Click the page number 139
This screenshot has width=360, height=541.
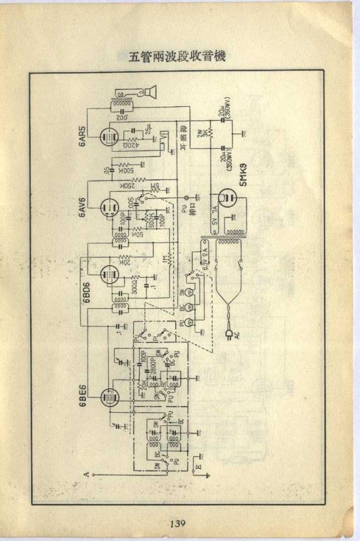(x=177, y=524)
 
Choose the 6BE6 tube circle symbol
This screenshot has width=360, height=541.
(x=109, y=395)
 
